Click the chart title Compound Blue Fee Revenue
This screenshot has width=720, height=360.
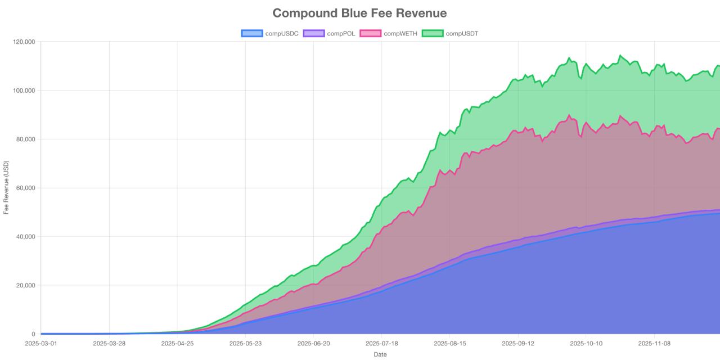[x=359, y=13]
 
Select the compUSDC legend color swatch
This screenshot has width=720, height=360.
[x=251, y=33]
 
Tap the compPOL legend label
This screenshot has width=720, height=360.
[x=341, y=33]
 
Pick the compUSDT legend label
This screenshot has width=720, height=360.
[x=462, y=33]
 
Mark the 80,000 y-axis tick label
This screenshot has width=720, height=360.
[x=25, y=139]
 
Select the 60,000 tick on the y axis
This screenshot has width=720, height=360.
[x=25, y=188]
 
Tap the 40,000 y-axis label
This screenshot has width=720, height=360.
[x=25, y=236]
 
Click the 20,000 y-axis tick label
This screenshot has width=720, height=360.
[x=25, y=285]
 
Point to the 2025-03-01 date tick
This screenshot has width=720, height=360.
[x=41, y=343]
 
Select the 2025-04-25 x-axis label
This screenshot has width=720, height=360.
[x=177, y=343]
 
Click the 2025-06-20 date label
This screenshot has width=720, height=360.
[x=313, y=343]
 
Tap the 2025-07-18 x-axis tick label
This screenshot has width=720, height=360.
[x=381, y=343]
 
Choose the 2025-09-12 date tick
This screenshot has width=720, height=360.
[x=518, y=343]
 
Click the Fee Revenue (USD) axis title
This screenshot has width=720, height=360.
[x=6, y=187]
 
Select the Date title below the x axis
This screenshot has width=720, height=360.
[x=380, y=354]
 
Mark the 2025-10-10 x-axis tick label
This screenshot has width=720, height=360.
[x=586, y=343]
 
